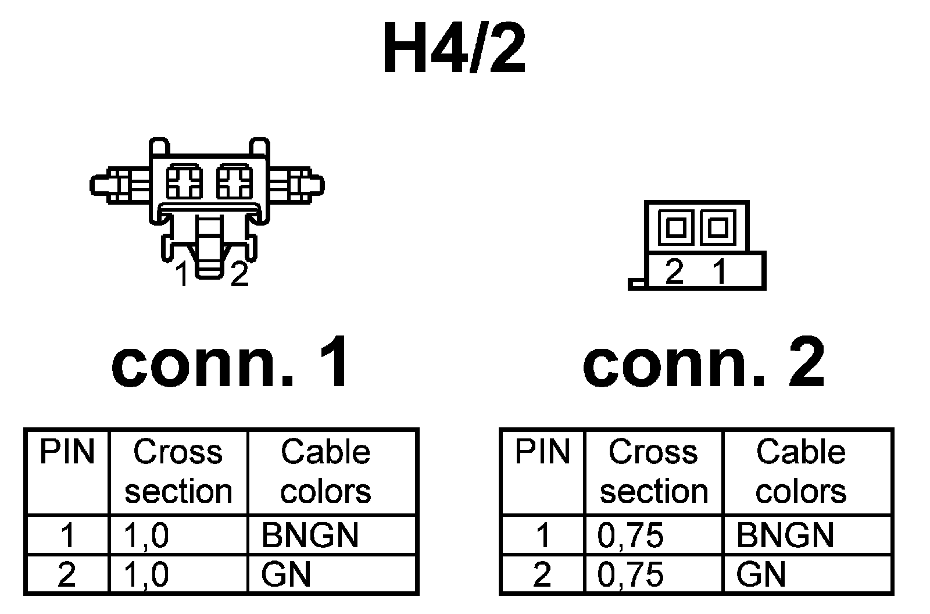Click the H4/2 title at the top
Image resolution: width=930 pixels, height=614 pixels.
pyautogui.click(x=454, y=49)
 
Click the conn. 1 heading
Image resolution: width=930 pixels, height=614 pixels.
pyautogui.click(x=231, y=364)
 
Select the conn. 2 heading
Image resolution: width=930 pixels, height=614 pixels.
pyautogui.click(x=703, y=364)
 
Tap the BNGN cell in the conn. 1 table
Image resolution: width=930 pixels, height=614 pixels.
pyautogui.click(x=310, y=535)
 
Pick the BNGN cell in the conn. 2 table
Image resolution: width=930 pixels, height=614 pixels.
pyautogui.click(x=785, y=535)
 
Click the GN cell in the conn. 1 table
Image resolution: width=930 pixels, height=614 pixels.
pyautogui.click(x=286, y=574)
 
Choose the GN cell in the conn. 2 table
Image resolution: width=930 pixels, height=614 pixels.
pyautogui.click(x=761, y=574)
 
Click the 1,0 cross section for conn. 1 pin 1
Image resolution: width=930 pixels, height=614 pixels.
pyautogui.click(x=146, y=535)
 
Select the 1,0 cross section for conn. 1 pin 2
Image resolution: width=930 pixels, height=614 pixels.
pyautogui.click(x=146, y=574)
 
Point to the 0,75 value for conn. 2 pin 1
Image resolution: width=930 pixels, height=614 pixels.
pyautogui.click(x=630, y=535)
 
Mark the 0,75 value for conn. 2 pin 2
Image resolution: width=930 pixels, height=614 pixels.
pyautogui.click(x=630, y=574)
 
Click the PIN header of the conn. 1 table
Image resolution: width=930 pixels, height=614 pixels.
pyautogui.click(x=67, y=452)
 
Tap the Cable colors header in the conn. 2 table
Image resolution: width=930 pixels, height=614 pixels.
pyautogui.click(x=800, y=471)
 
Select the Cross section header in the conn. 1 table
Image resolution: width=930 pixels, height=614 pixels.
pyautogui.click(x=178, y=471)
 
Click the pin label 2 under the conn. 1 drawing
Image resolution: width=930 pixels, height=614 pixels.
pyautogui.click(x=239, y=274)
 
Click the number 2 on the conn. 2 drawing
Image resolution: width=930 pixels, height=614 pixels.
pyautogui.click(x=674, y=272)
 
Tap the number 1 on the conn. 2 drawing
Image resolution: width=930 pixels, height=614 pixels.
pyautogui.click(x=720, y=272)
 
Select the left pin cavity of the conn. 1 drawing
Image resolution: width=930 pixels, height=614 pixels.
pyautogui.click(x=184, y=181)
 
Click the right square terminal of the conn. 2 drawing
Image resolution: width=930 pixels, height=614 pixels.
pyautogui.click(x=718, y=227)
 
